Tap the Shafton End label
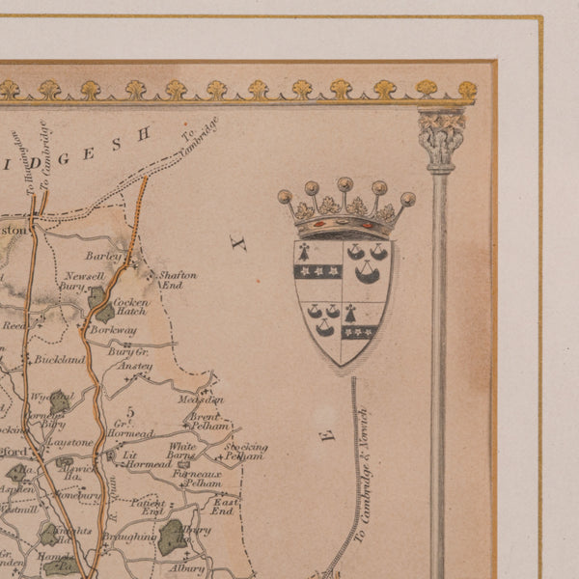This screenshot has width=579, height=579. pos(178,280)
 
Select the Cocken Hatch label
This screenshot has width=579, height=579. pos(130,308)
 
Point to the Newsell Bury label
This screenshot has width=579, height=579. pos(77,281)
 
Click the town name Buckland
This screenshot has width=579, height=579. pos(55,359)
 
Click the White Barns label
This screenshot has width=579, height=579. pos(181,452)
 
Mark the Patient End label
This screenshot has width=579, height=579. pos(150,508)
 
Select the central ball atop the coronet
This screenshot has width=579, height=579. pos(345,182)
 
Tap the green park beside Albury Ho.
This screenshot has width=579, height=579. pos(173,537)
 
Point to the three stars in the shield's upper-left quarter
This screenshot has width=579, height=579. pos(317,272)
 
